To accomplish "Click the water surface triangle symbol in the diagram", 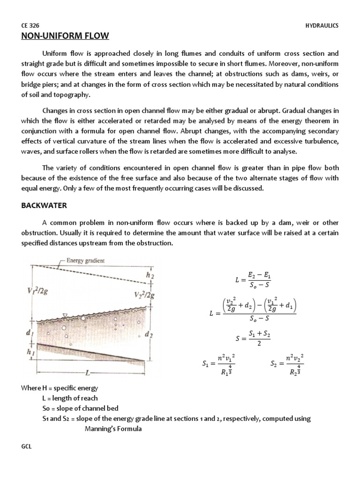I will point(66,315).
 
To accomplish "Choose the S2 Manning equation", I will point(287,364).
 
